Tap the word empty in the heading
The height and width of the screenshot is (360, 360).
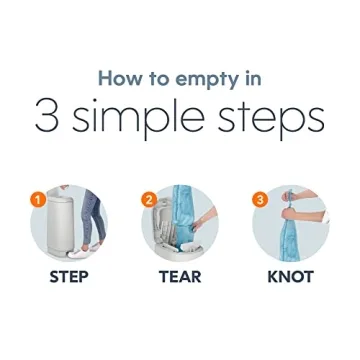click(202, 81)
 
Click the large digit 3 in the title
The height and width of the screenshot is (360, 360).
click(47, 116)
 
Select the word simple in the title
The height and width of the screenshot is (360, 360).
click(138, 117)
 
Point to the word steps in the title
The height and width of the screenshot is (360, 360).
click(270, 118)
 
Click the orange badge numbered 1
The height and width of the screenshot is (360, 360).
click(39, 201)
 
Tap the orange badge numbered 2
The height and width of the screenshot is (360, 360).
click(149, 201)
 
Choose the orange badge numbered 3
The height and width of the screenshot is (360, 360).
click(260, 201)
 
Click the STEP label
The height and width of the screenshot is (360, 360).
click(69, 277)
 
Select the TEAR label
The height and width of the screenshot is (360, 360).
click(180, 277)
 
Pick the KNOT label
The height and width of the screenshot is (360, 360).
click(291, 277)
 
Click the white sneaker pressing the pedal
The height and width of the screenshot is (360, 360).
click(77, 253)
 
